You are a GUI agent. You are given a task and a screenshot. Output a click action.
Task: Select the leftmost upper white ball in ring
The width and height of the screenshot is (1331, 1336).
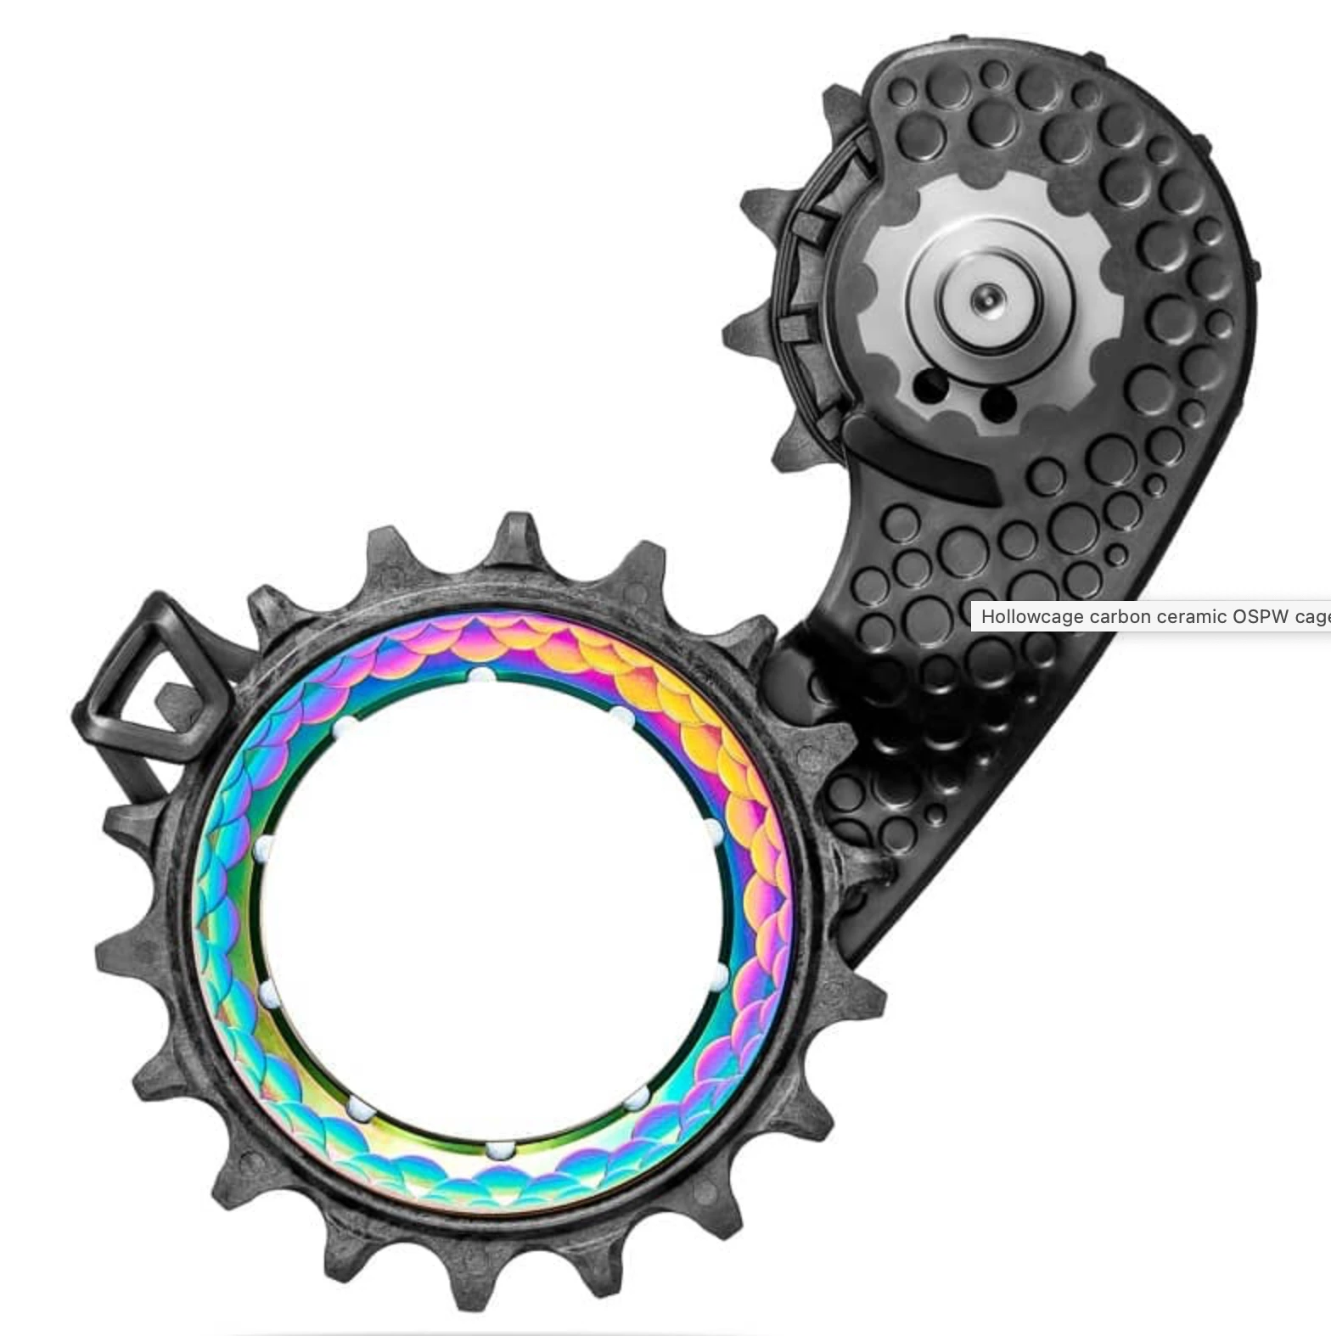(x=345, y=728)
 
